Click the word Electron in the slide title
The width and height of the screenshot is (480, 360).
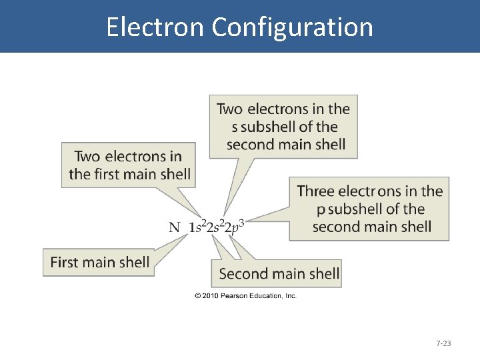(155, 27)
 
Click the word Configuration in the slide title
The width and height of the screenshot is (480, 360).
(293, 27)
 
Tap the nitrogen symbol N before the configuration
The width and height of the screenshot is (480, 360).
(175, 227)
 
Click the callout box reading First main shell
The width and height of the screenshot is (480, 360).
(99, 262)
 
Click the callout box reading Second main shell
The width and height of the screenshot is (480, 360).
(279, 273)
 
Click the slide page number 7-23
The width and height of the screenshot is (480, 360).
(443, 343)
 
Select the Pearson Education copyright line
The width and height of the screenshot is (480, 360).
(245, 295)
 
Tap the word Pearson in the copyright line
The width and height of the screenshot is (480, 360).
(239, 295)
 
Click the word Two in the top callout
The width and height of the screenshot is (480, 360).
(230, 109)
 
